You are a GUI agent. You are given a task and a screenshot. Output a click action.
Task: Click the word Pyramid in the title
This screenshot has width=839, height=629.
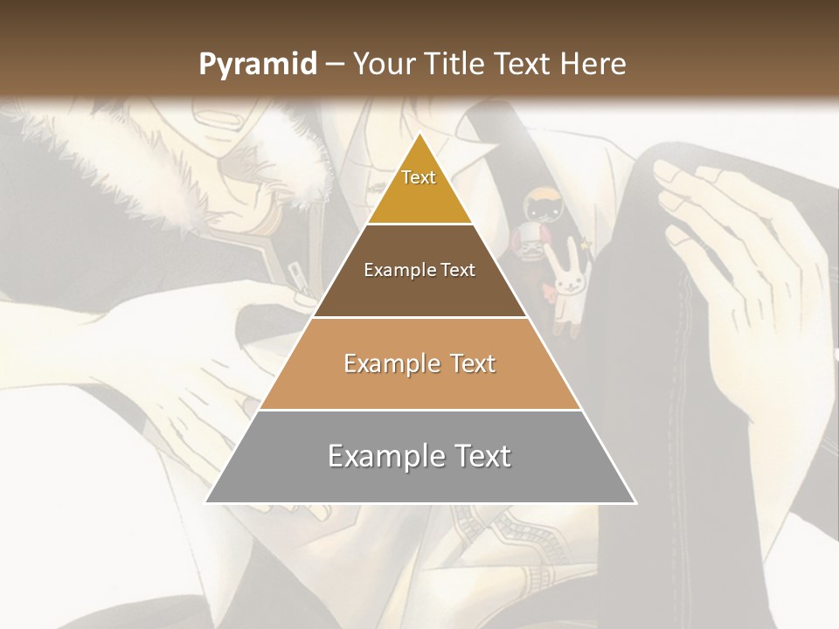click(x=257, y=65)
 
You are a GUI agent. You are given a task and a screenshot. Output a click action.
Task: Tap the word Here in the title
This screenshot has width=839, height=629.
click(x=594, y=64)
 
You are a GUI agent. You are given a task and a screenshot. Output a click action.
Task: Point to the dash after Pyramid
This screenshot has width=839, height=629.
click(x=335, y=65)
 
